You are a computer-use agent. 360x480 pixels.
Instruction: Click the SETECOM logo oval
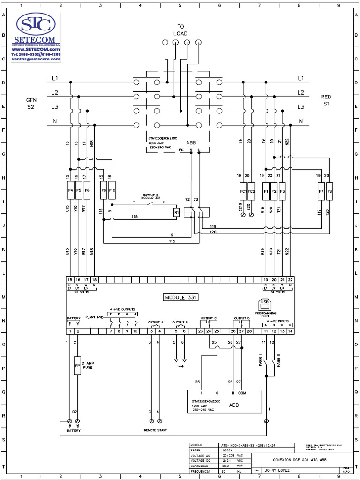pyautogui.click(x=36, y=23)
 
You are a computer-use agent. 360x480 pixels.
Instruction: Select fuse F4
pyautogui.click(x=71, y=191)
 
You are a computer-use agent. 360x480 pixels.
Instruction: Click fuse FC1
pyautogui.click(x=243, y=191)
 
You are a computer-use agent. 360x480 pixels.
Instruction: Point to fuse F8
pyautogui.click(x=330, y=191)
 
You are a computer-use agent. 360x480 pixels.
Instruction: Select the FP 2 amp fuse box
pyautogui.click(x=77, y=365)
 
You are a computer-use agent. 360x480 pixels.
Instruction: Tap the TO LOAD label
pyautogui.click(x=180, y=30)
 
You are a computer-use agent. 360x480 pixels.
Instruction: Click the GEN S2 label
pyautogui.click(x=31, y=104)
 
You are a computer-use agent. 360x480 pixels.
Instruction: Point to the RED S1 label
pyautogui.click(x=326, y=100)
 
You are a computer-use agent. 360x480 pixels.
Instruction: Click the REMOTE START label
pyautogui.click(x=156, y=430)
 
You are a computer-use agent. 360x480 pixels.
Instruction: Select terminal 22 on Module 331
pyautogui.click(x=291, y=280)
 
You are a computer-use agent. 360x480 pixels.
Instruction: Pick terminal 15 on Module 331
pyautogui.click(x=70, y=280)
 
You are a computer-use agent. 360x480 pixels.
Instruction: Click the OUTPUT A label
pyautogui.click(x=156, y=322)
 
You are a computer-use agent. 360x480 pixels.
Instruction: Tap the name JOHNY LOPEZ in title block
pyautogui.click(x=278, y=469)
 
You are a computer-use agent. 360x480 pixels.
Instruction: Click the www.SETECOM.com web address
pyautogui.click(x=36, y=49)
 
